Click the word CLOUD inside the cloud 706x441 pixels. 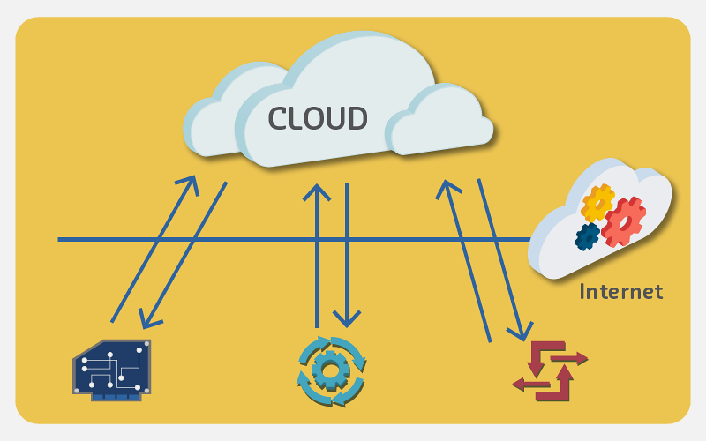pyautogui.click(x=318, y=118)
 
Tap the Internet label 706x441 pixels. pyautogui.click(x=620, y=291)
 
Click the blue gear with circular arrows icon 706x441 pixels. pyautogui.click(x=331, y=370)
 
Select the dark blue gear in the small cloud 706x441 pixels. pyautogui.click(x=587, y=235)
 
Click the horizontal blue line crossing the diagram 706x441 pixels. pyautogui.click(x=265, y=239)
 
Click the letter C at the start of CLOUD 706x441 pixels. pyautogui.click(x=280, y=118)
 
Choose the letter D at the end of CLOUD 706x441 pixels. pyautogui.click(x=356, y=118)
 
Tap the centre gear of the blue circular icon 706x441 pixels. pyautogui.click(x=331, y=370)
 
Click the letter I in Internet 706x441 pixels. pyautogui.click(x=582, y=291)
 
